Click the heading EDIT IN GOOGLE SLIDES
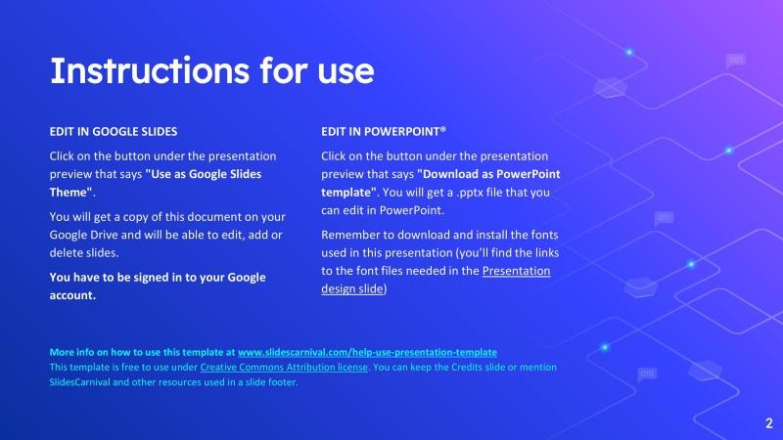tap(113, 130)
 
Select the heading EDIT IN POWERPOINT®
tap(384, 130)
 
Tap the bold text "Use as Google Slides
tap(204, 174)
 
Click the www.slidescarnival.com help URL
tap(367, 351)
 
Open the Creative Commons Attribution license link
tap(284, 367)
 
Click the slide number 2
tap(768, 423)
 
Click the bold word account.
tap(72, 295)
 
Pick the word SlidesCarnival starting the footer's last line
tap(84, 381)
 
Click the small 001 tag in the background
tap(736, 61)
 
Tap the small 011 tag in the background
tap(664, 217)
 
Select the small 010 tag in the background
tap(647, 374)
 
